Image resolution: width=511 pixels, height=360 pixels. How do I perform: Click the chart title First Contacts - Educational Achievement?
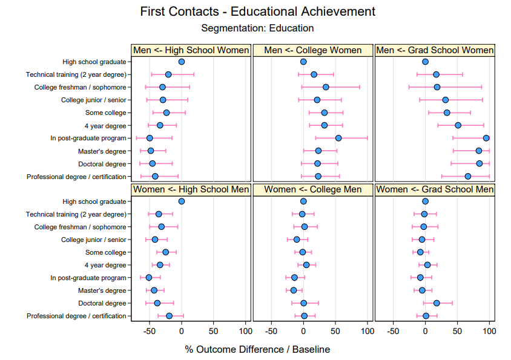257,11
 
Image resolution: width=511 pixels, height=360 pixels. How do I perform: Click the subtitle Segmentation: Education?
257,28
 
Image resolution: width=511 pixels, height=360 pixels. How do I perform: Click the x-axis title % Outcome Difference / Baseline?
257,349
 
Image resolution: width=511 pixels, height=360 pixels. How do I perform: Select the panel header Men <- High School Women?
191,50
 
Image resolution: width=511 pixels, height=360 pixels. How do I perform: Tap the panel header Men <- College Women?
313,50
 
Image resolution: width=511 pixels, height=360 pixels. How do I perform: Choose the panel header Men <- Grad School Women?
435,50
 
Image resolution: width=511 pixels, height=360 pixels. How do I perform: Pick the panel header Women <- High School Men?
191,189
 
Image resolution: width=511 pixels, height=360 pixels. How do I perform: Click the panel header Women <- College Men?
313,189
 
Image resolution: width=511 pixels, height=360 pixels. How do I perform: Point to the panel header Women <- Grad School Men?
435,189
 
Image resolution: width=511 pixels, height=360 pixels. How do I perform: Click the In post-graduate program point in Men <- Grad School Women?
486,138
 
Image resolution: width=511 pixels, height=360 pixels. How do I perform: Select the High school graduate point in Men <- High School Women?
182,62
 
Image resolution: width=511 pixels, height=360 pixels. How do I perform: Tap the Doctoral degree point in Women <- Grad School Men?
437,303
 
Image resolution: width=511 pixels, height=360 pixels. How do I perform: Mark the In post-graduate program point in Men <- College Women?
338,138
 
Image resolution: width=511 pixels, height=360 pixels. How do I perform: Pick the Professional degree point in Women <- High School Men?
169,316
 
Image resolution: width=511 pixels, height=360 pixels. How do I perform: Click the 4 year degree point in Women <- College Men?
306,265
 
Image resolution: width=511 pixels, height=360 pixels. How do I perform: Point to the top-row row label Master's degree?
102,151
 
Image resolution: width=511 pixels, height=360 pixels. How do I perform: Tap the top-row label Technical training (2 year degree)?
76,74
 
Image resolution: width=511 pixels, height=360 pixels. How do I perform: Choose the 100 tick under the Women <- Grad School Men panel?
489,331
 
